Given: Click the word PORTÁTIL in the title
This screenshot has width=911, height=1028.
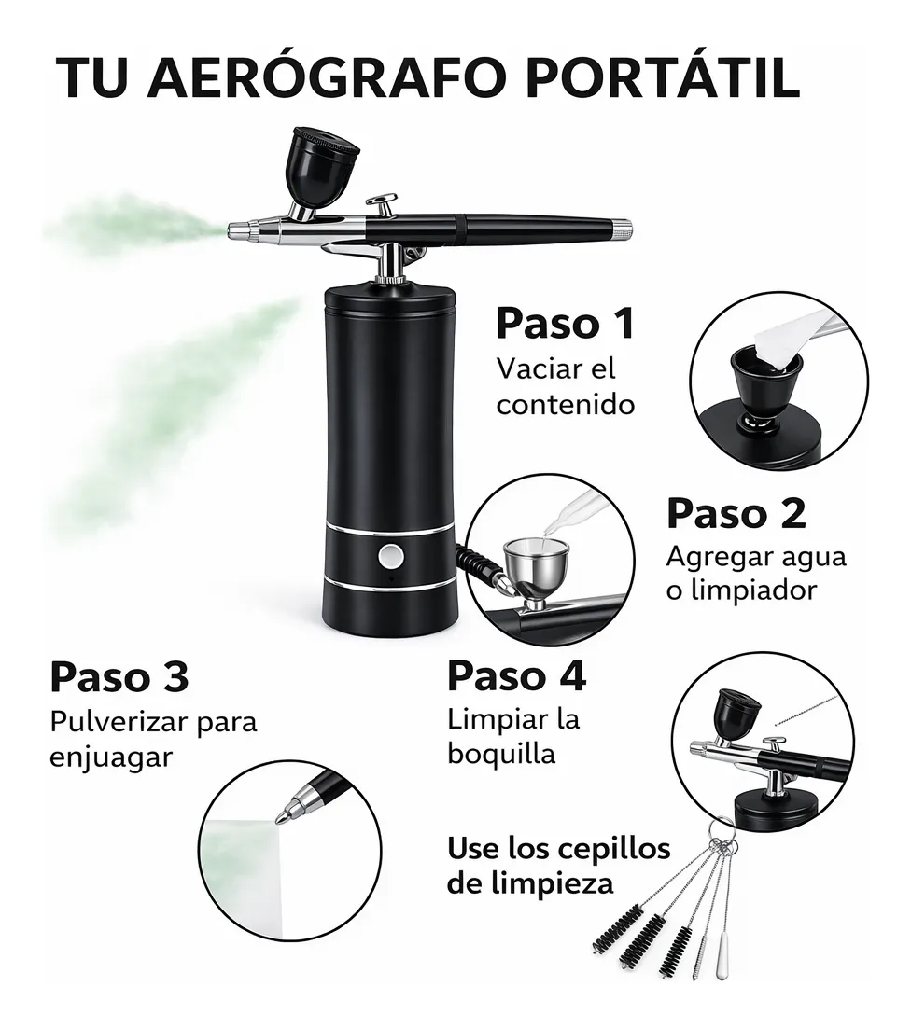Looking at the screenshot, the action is [663, 76].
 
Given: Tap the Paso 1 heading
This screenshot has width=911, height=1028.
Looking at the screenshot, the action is [566, 323].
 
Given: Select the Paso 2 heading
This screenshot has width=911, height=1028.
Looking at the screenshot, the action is [736, 513].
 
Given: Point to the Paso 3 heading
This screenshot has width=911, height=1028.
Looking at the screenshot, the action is [119, 676].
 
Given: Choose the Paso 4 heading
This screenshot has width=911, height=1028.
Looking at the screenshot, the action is [517, 676].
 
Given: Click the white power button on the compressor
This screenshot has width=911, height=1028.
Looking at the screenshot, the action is [391, 557].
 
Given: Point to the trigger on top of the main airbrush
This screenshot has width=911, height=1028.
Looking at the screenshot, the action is [383, 204].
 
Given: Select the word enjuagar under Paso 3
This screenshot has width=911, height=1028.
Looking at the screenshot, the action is [111, 757].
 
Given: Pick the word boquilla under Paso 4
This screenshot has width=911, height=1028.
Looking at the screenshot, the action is [502, 754].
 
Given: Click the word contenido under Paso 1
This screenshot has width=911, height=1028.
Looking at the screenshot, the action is [566, 404].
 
